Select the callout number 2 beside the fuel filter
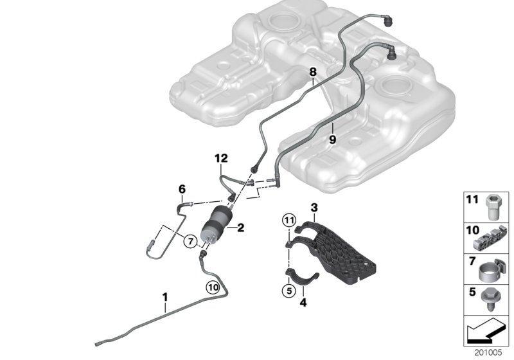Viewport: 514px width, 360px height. click(x=241, y=227)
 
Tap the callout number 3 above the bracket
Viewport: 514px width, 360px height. click(x=314, y=208)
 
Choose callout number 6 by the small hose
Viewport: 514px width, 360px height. click(x=182, y=188)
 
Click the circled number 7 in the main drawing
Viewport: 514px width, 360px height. click(x=190, y=241)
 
